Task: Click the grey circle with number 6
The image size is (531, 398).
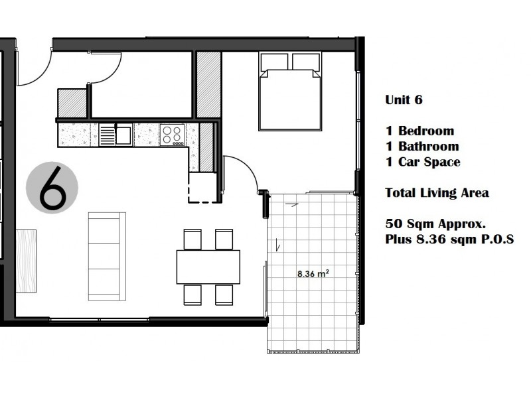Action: pyautogui.click(x=52, y=189)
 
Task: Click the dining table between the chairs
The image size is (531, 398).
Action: pyautogui.click(x=208, y=266)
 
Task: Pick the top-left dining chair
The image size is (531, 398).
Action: pyautogui.click(x=192, y=239)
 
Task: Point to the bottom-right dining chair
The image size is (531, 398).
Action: pyautogui.click(x=224, y=293)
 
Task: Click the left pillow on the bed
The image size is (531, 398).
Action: pyautogui.click(x=273, y=62)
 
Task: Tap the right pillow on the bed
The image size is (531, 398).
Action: pyautogui.click(x=305, y=62)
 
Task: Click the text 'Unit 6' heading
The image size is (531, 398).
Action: pyautogui.click(x=404, y=100)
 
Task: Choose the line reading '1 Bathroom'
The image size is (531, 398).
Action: pyautogui.click(x=421, y=146)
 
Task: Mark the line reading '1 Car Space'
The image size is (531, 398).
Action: pyautogui.click(x=423, y=162)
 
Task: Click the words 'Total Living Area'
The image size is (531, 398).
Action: pyautogui.click(x=437, y=193)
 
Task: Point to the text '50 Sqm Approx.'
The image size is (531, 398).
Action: pyautogui.click(x=428, y=223)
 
